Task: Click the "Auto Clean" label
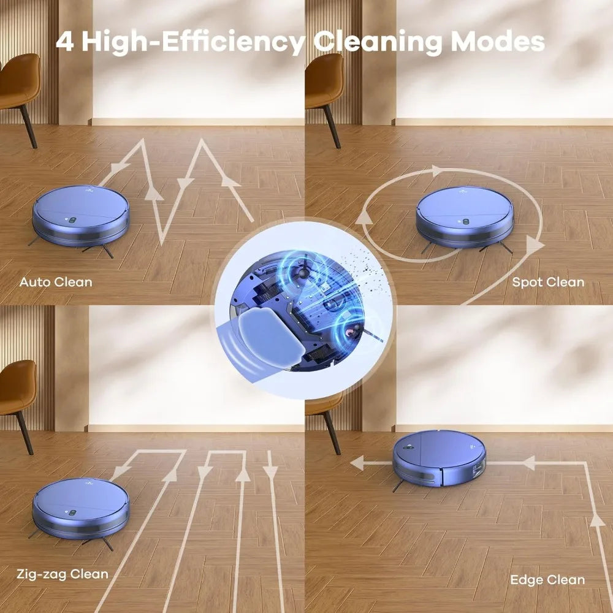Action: (56, 282)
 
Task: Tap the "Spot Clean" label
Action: (548, 282)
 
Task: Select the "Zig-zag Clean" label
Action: (63, 574)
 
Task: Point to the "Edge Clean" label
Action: (547, 580)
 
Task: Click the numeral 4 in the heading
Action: (64, 42)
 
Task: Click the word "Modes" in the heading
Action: (498, 42)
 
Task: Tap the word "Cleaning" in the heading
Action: (378, 43)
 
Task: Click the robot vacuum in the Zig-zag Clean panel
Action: (80, 509)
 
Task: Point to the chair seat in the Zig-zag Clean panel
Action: (18, 387)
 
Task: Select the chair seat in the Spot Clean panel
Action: (324, 80)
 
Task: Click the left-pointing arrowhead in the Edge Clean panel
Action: (357, 463)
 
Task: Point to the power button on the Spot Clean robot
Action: (466, 222)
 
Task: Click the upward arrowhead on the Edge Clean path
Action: (597, 520)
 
